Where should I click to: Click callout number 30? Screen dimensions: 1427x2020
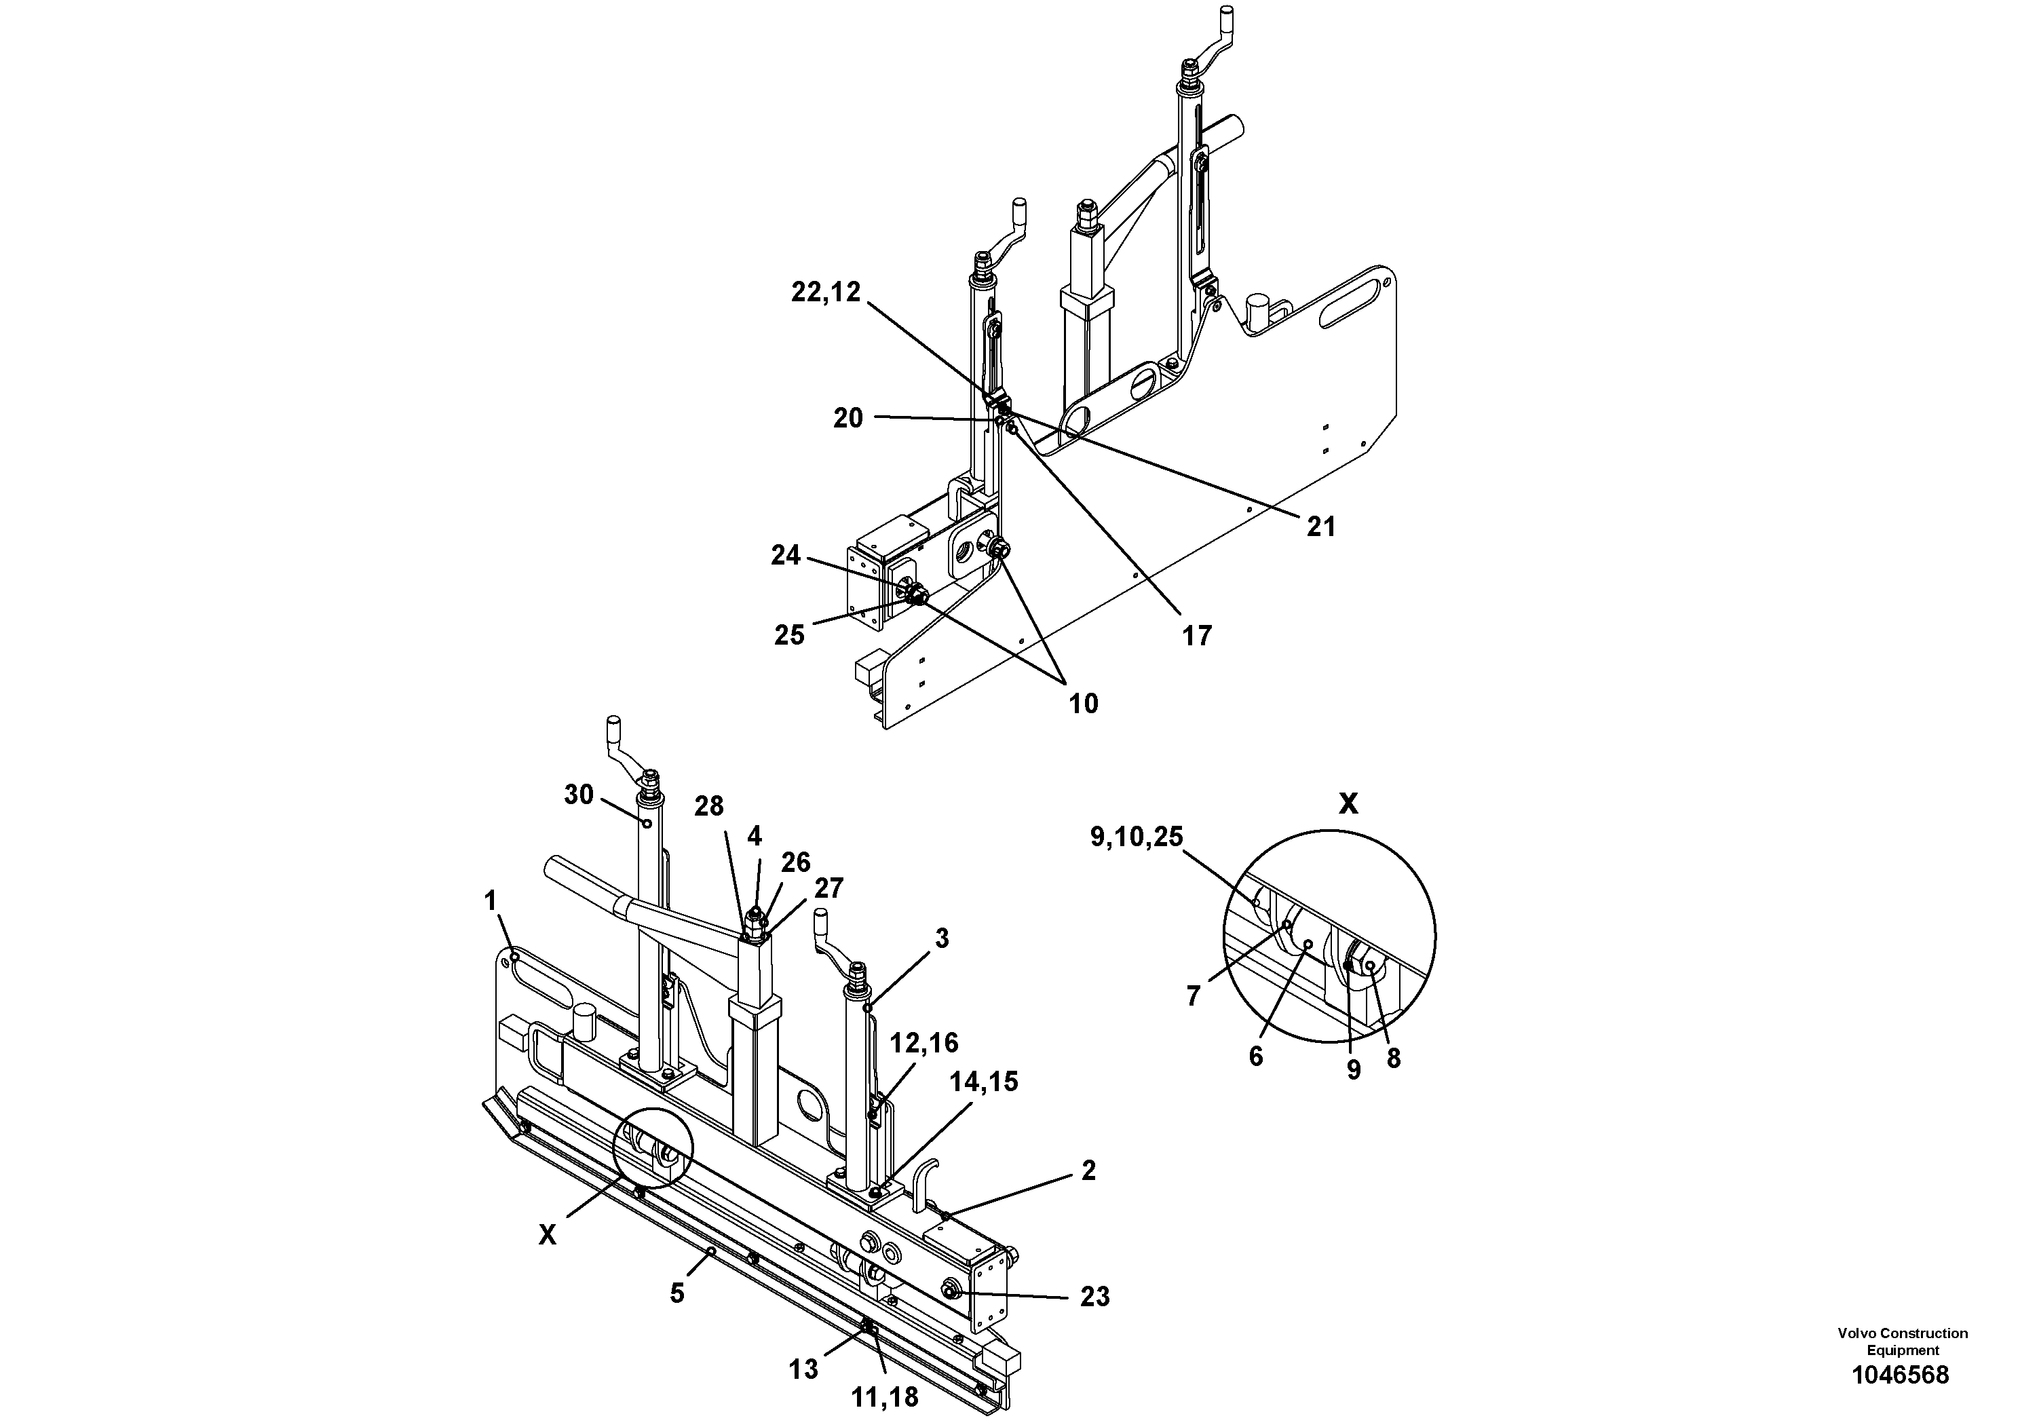pos(578,795)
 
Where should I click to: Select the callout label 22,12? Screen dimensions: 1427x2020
pos(825,293)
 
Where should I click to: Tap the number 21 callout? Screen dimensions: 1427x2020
pos(1320,527)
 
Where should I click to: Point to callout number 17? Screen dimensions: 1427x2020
pos(1196,635)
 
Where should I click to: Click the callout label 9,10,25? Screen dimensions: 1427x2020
pos(1136,837)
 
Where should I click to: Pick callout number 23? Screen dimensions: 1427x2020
pos(1094,1297)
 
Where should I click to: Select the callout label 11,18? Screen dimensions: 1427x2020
pos(884,1397)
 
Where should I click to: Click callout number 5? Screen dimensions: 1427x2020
pos(676,1293)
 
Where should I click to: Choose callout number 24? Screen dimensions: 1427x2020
pos(786,555)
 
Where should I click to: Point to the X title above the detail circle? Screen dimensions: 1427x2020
pos(1347,803)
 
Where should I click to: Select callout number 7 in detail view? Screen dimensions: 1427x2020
pos(1193,997)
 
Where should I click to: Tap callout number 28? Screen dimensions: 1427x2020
pos(708,806)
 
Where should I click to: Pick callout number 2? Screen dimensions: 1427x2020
pos(1088,1171)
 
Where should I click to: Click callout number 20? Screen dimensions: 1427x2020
pos(848,419)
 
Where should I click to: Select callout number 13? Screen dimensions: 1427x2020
pos(803,1370)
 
